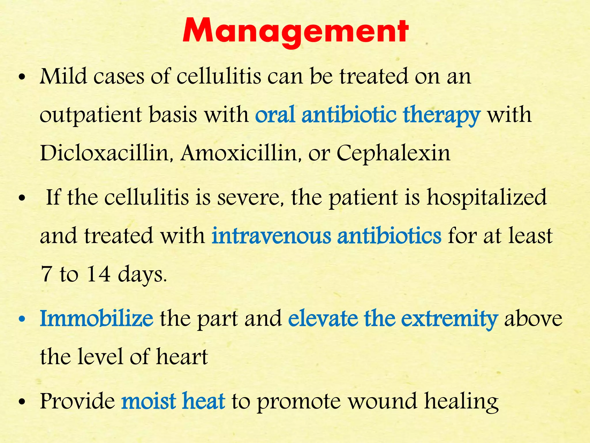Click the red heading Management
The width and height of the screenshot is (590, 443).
click(x=295, y=32)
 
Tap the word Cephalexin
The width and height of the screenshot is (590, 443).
click(x=393, y=153)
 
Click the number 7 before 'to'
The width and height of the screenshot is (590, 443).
click(x=46, y=274)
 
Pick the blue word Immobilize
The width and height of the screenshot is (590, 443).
click(x=97, y=318)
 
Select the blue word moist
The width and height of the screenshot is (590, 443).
click(x=149, y=401)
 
